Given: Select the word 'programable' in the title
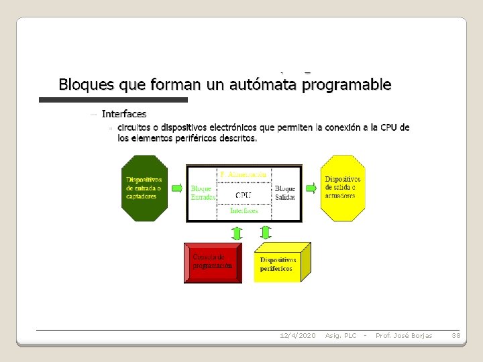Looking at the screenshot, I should [x=347, y=85].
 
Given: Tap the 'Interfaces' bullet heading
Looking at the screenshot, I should [x=124, y=115].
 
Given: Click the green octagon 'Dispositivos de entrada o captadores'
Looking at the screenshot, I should [x=144, y=188].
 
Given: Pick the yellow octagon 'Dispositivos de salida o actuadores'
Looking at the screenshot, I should [x=343, y=188].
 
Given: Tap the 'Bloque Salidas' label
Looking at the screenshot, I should [x=285, y=193].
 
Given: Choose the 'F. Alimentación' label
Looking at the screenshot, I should [x=244, y=174].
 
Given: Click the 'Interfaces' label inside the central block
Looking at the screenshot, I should [x=244, y=210].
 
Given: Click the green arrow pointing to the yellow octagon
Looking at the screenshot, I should [x=311, y=188].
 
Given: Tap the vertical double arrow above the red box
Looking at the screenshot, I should [x=236, y=233].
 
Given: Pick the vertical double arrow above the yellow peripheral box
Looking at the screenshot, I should [x=266, y=233].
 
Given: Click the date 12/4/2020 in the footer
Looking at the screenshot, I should [x=297, y=335].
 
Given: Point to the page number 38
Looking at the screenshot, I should [x=455, y=335].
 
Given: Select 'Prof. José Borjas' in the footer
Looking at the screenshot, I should [x=404, y=335].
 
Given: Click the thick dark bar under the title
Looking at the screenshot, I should [x=113, y=100].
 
